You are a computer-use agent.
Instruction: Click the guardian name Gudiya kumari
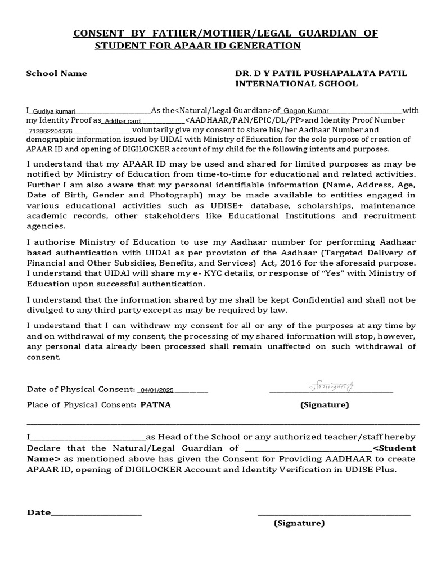coord(53,111)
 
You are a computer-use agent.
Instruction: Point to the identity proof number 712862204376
coord(49,130)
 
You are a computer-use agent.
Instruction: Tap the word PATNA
coord(155,404)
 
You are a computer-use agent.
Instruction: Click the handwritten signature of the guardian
coord(331,387)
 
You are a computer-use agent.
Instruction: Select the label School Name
coord(57,73)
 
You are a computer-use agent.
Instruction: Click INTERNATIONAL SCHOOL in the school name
coord(296,83)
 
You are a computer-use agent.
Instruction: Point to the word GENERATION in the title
coord(264,46)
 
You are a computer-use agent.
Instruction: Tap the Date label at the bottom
coord(38,512)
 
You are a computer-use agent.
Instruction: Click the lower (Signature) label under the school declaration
coord(299,523)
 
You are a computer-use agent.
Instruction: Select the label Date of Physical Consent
coord(80,390)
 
